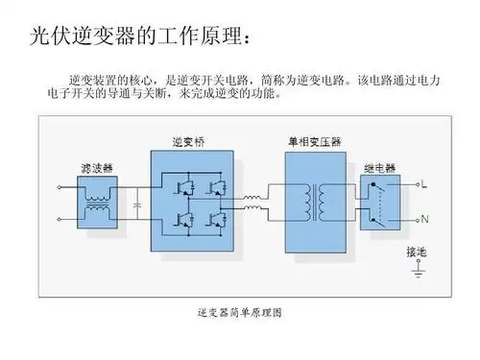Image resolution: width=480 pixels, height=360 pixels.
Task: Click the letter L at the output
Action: [423, 184]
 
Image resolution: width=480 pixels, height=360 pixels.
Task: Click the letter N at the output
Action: [424, 219]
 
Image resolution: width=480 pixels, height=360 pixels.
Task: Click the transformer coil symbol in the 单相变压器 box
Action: [316, 201]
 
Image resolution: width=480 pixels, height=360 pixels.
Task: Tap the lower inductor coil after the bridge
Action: [253, 213]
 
